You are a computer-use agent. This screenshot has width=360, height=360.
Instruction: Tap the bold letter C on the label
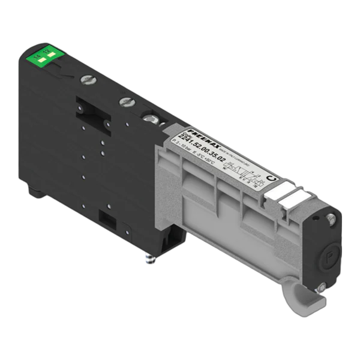(x=271, y=177)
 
